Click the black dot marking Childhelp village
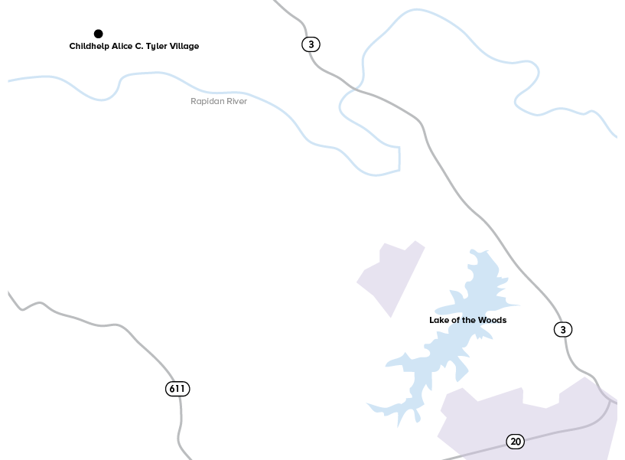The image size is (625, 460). pyautogui.click(x=98, y=34)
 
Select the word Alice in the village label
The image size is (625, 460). pyautogui.click(x=123, y=47)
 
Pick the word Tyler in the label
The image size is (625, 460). pyautogui.click(x=158, y=47)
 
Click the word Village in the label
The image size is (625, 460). pyautogui.click(x=185, y=47)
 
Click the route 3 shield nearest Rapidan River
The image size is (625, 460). pyautogui.click(x=311, y=44)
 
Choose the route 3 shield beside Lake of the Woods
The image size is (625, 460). pyautogui.click(x=563, y=330)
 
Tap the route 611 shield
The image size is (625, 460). pyautogui.click(x=177, y=389)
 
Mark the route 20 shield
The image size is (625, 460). pyautogui.click(x=516, y=442)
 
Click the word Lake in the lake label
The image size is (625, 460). pyautogui.click(x=438, y=320)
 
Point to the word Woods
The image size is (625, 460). pyautogui.click(x=493, y=320)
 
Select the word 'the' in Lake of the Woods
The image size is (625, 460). pyautogui.click(x=467, y=320)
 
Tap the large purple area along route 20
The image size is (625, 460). pyautogui.click(x=528, y=417)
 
